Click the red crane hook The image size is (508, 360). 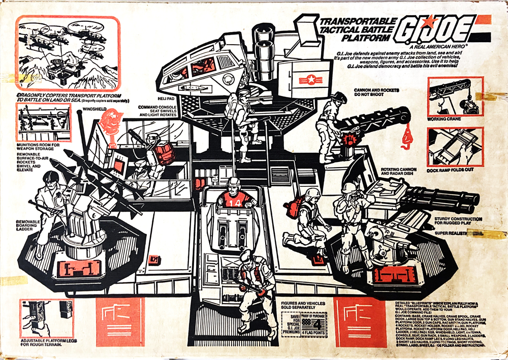pos(406,139)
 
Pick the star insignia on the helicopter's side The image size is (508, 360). pos(307,79)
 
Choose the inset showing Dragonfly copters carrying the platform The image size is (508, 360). pos(68,53)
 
